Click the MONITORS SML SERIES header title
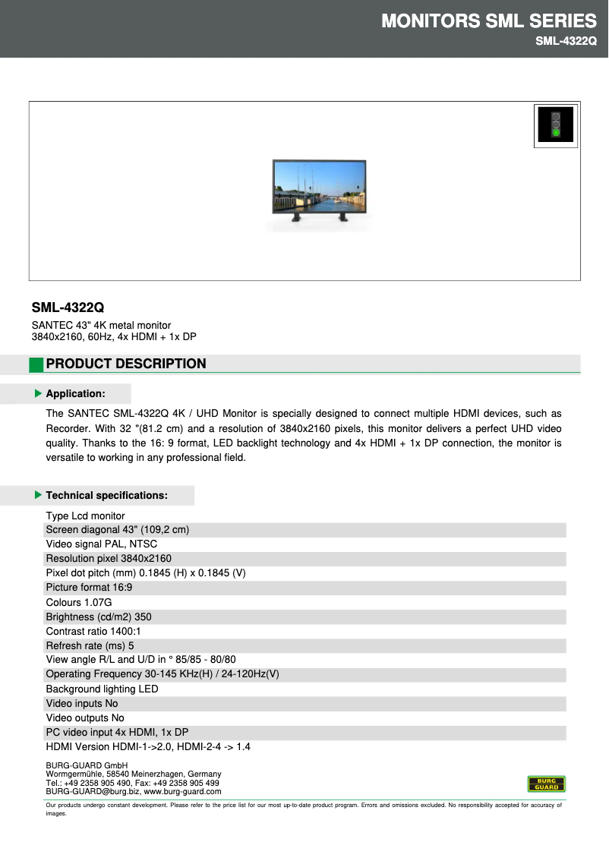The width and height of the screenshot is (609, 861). point(488,20)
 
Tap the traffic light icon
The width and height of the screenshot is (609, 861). point(556,125)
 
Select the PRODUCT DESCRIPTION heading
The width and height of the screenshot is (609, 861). point(126,364)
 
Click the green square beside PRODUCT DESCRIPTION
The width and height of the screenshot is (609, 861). point(36,364)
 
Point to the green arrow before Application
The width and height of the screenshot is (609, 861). point(39,393)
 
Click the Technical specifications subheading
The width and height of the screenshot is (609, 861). point(106,495)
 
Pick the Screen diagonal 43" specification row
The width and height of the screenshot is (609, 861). point(118,530)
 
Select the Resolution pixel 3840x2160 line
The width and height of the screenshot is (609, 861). point(109,559)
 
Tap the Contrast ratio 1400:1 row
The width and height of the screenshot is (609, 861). point(93,631)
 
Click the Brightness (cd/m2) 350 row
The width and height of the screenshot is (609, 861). point(99,617)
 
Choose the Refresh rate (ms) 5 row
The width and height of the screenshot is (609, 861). point(90,645)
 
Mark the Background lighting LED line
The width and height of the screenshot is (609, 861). point(103,689)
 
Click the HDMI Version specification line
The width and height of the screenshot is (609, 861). point(148,746)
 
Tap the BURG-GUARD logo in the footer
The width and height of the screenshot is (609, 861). point(547,784)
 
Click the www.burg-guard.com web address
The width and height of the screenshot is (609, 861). point(182,791)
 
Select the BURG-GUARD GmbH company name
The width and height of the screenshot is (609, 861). point(87,765)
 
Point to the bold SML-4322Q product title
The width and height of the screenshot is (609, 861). point(68,307)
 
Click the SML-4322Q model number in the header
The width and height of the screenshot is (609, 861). point(566,41)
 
